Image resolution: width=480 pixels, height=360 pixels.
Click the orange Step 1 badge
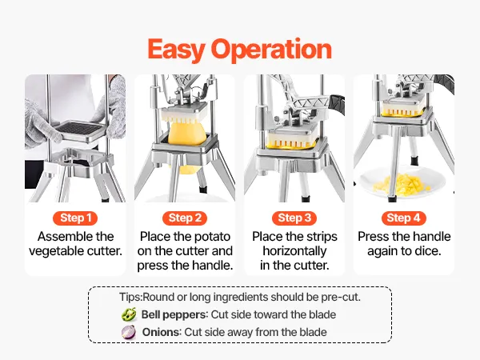click(x=75, y=218)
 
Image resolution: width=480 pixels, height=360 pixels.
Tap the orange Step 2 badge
click(x=185, y=218)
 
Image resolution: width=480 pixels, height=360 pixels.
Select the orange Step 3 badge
click(x=294, y=218)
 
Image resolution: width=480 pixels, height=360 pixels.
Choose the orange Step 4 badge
click(x=403, y=218)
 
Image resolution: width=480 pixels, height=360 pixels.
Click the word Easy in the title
click(x=176, y=50)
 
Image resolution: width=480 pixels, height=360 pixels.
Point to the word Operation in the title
click(x=271, y=49)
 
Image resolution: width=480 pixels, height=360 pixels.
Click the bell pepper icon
click(x=129, y=314)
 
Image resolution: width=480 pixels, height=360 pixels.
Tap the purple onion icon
click(x=129, y=332)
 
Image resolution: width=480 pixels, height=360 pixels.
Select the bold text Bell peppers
click(x=174, y=314)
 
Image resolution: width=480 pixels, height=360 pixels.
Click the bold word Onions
click(x=162, y=332)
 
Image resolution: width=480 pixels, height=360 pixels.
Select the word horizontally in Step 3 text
click(x=294, y=251)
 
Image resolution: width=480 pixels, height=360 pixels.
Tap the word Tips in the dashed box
click(x=130, y=298)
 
